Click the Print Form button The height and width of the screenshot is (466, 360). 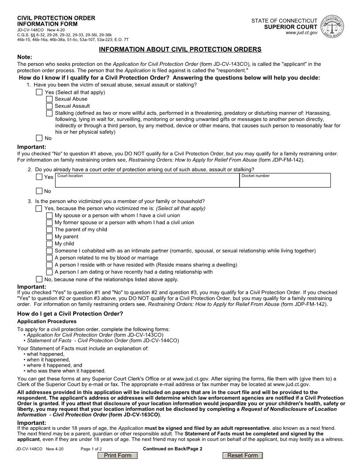[x=117, y=455]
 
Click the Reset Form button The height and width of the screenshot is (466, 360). [x=242, y=455]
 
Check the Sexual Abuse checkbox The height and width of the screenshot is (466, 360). [x=49, y=99]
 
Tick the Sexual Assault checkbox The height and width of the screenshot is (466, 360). [x=49, y=106]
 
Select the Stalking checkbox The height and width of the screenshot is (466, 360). [x=49, y=113]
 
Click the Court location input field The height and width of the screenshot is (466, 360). [x=147, y=182]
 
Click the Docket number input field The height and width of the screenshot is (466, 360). [x=285, y=182]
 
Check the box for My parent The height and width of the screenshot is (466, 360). [x=49, y=237]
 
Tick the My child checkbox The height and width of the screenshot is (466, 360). [x=49, y=244]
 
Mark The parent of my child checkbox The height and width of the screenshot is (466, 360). [x=49, y=230]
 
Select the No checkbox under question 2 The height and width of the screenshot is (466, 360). [x=39, y=191]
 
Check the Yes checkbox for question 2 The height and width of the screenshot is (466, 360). [x=39, y=177]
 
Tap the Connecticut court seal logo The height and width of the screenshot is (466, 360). [x=334, y=27]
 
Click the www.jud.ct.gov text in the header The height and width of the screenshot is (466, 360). [x=301, y=33]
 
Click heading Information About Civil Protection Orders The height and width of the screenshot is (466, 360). [x=180, y=49]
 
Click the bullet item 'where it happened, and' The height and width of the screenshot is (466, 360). [x=54, y=365]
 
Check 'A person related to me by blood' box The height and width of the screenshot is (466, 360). [x=49, y=258]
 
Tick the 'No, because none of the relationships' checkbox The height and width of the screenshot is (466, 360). [x=39, y=279]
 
